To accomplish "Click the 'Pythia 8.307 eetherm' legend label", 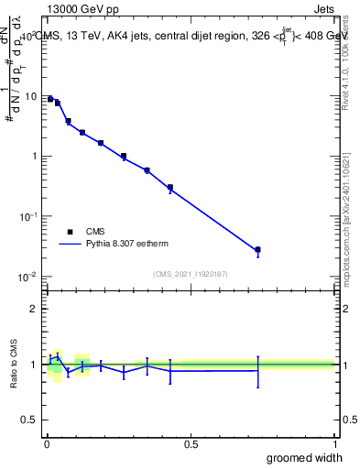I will (129, 245).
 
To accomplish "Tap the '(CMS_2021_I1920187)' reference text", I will (191, 274).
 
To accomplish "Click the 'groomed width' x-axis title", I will (305, 457).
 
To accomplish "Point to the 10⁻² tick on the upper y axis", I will (27, 277).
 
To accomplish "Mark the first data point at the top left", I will (50, 99).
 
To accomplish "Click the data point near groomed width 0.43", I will (170, 188).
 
